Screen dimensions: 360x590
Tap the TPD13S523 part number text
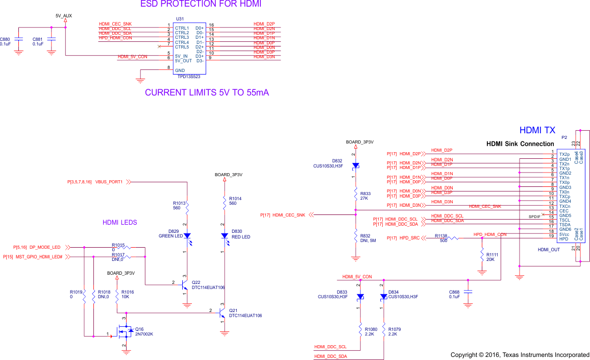(x=188, y=76)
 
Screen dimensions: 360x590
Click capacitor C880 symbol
(x=19, y=39)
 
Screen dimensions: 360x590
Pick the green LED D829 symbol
(x=187, y=236)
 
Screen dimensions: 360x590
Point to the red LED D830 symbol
(x=224, y=236)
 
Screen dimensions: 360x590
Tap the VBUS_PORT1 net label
(x=109, y=182)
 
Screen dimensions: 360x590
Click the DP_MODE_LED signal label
(x=45, y=247)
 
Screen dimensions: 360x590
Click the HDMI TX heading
(x=537, y=131)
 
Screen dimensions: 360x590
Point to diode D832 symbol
(x=355, y=165)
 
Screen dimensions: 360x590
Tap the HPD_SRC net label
(x=409, y=238)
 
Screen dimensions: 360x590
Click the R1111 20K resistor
(x=482, y=257)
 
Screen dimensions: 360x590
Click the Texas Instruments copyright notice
(x=520, y=354)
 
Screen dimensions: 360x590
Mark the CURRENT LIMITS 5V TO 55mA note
(x=207, y=93)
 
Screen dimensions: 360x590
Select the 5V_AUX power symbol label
(x=64, y=16)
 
